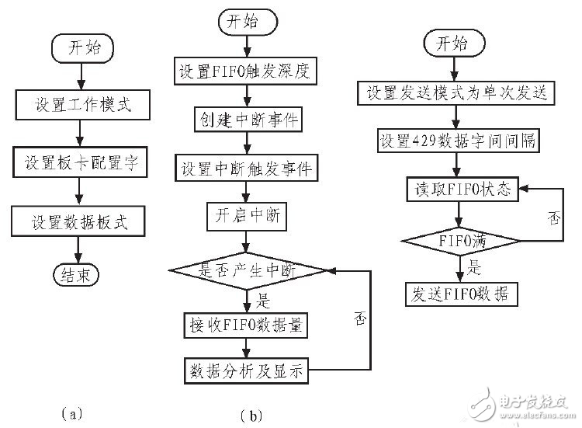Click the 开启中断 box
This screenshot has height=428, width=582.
click(246, 217)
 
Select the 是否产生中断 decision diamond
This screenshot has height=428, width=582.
click(246, 270)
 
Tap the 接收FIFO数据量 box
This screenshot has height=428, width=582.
click(246, 325)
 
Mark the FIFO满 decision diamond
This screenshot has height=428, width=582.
click(462, 242)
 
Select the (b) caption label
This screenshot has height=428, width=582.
click(255, 415)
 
